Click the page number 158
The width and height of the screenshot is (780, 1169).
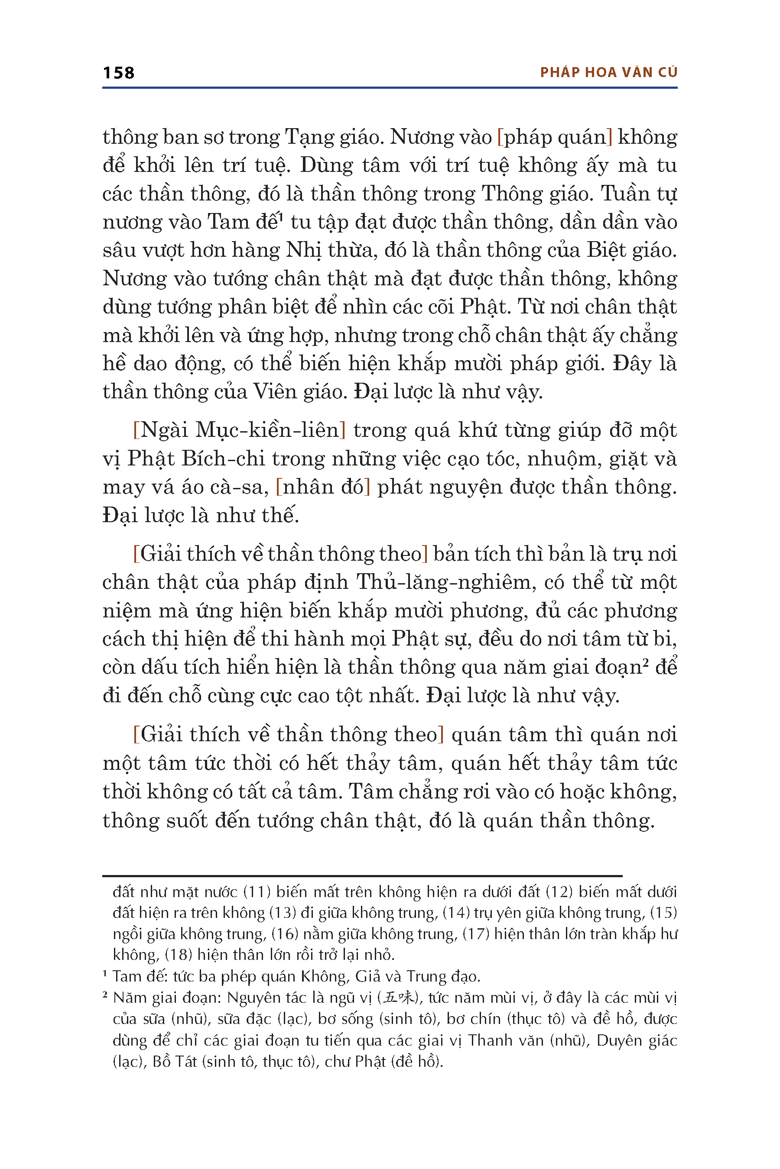tap(118, 73)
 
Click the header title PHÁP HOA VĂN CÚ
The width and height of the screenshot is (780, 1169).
tap(608, 73)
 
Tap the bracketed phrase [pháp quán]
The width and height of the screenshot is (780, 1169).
tap(555, 137)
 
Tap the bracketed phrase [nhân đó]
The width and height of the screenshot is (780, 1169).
tap(323, 487)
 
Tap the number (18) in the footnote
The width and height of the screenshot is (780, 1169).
tap(178, 955)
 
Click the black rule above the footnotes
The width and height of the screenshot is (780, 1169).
tap(362, 876)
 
